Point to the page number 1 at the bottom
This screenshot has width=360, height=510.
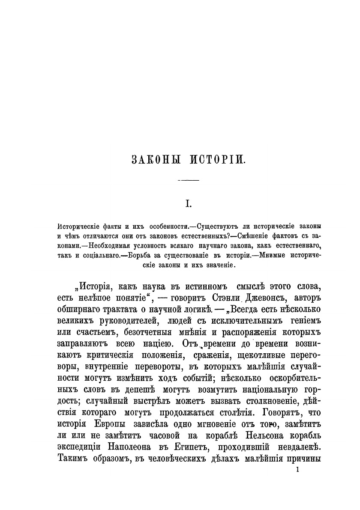(297, 470)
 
